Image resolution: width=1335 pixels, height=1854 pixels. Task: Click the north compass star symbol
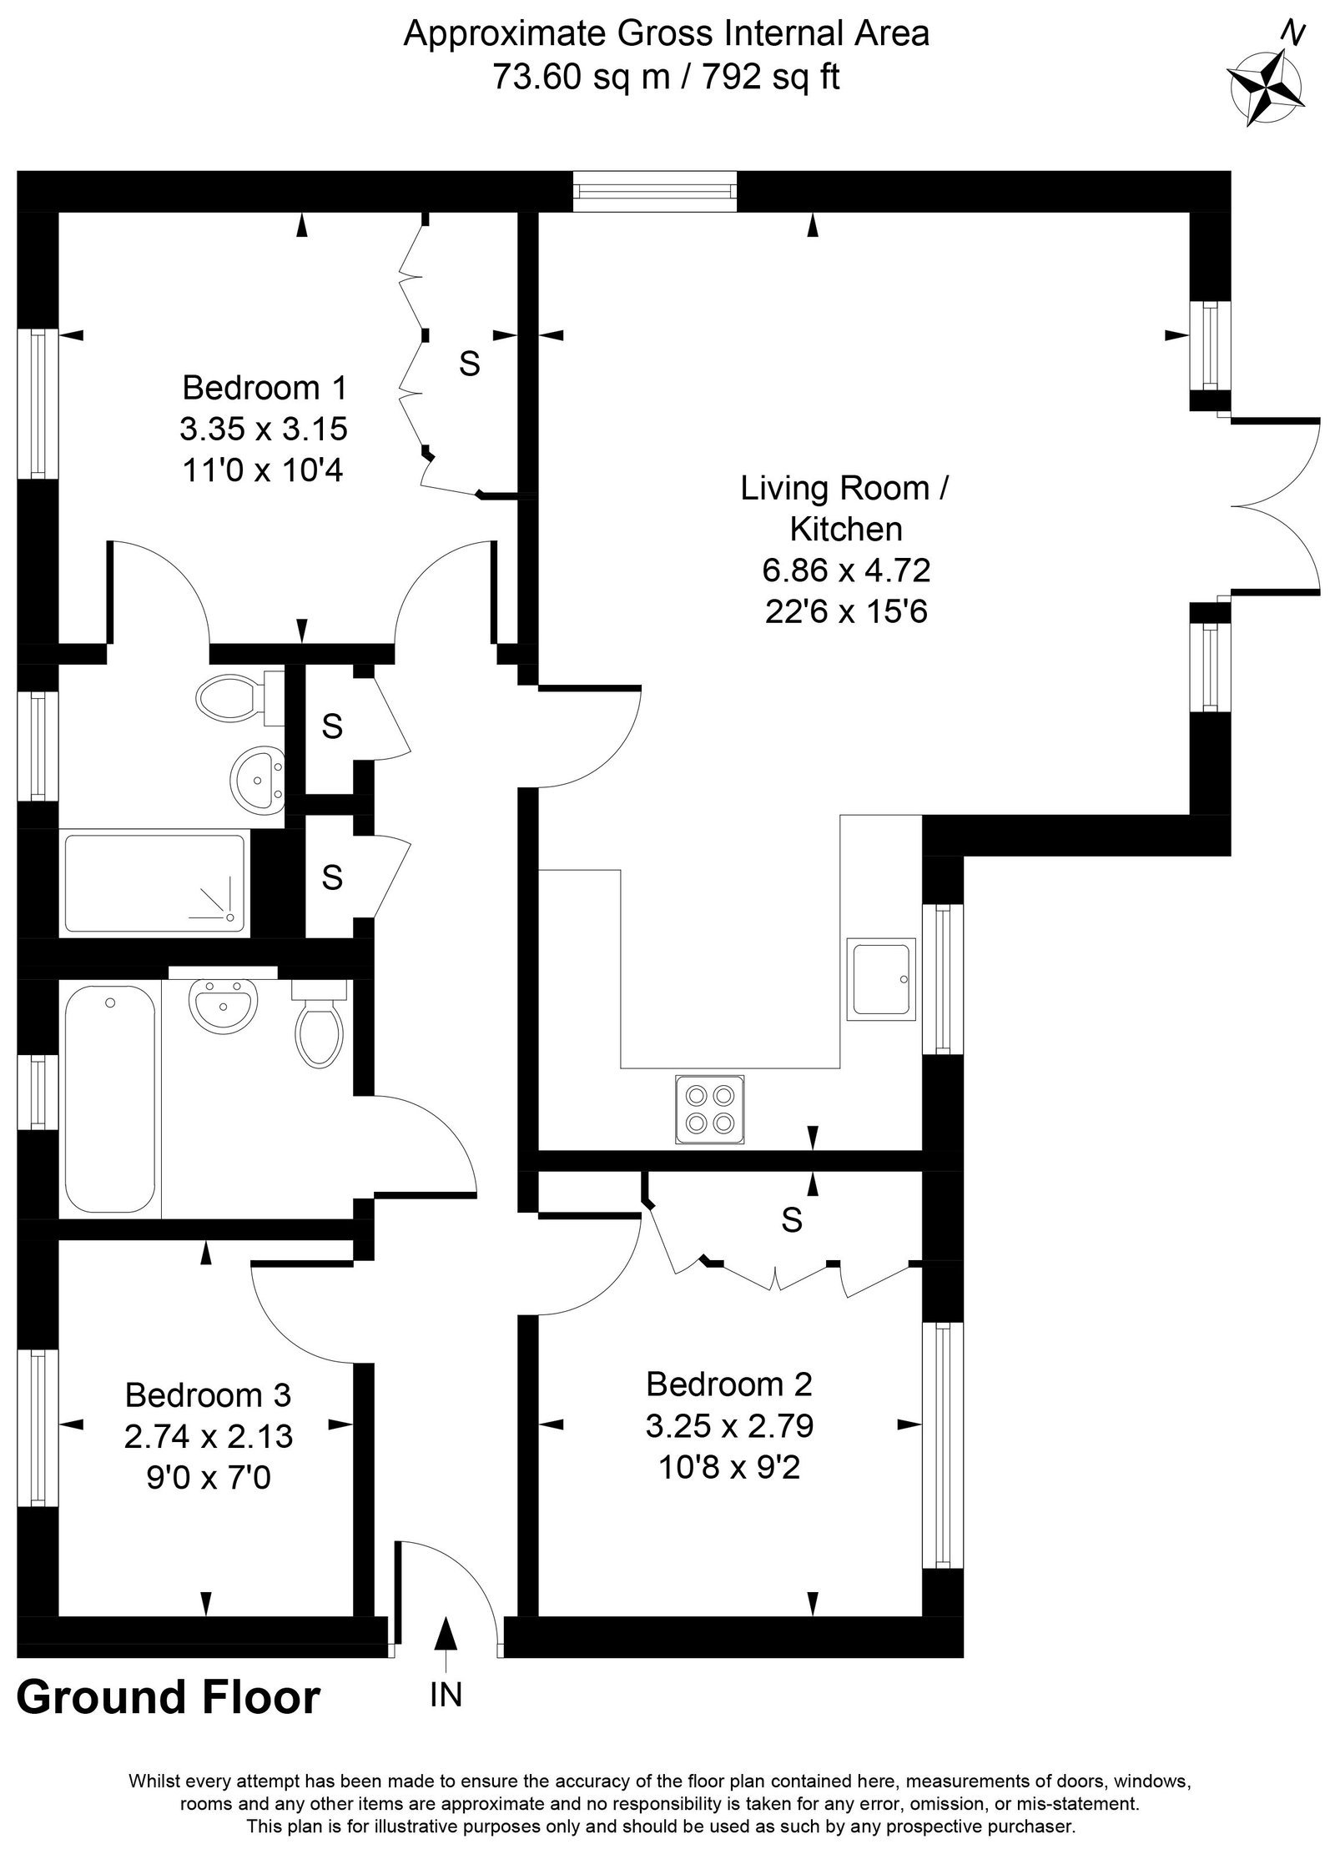point(1266,88)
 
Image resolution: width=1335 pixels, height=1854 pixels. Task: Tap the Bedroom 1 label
point(264,388)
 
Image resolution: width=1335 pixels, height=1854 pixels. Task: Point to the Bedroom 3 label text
point(208,1394)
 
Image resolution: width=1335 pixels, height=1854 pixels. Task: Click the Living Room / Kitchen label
point(845,508)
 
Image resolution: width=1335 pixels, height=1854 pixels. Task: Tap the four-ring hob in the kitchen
point(709,1109)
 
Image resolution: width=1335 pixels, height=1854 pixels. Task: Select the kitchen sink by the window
point(881,978)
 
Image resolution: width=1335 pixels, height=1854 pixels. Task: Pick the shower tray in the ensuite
point(155,883)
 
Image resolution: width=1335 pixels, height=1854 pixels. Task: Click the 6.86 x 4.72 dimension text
point(846,570)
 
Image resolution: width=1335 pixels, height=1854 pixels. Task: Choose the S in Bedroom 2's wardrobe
point(792,1220)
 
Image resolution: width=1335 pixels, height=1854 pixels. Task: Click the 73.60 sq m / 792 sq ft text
point(667,77)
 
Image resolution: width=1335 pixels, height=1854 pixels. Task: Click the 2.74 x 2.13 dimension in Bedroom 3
point(209,1436)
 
